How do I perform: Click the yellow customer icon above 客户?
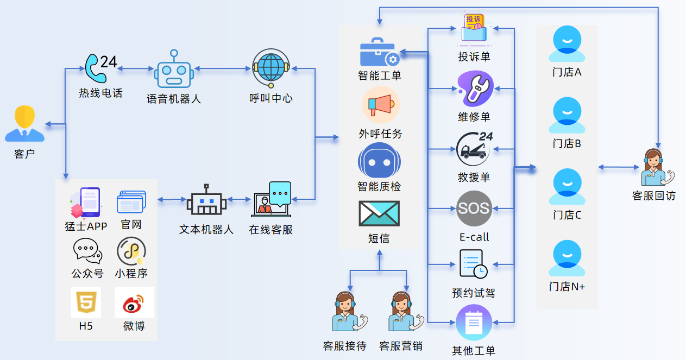[x=24, y=124]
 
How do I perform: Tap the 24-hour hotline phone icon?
[x=100, y=66]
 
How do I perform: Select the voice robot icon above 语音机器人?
[x=174, y=70]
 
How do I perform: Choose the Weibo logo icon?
[x=134, y=303]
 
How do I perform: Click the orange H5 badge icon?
[x=86, y=302]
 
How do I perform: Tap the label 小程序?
[x=131, y=273]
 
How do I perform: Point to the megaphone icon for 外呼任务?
[x=380, y=105]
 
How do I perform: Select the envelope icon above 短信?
[x=379, y=213]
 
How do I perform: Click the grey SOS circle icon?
[x=474, y=209]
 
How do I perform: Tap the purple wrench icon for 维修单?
[x=474, y=89]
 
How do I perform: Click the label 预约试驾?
[x=474, y=293]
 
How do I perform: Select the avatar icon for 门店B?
[x=567, y=116]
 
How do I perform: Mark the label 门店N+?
[x=567, y=287]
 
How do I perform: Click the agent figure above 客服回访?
[x=656, y=168]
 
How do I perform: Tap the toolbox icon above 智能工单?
[x=380, y=52]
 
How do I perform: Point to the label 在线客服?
[x=271, y=230]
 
